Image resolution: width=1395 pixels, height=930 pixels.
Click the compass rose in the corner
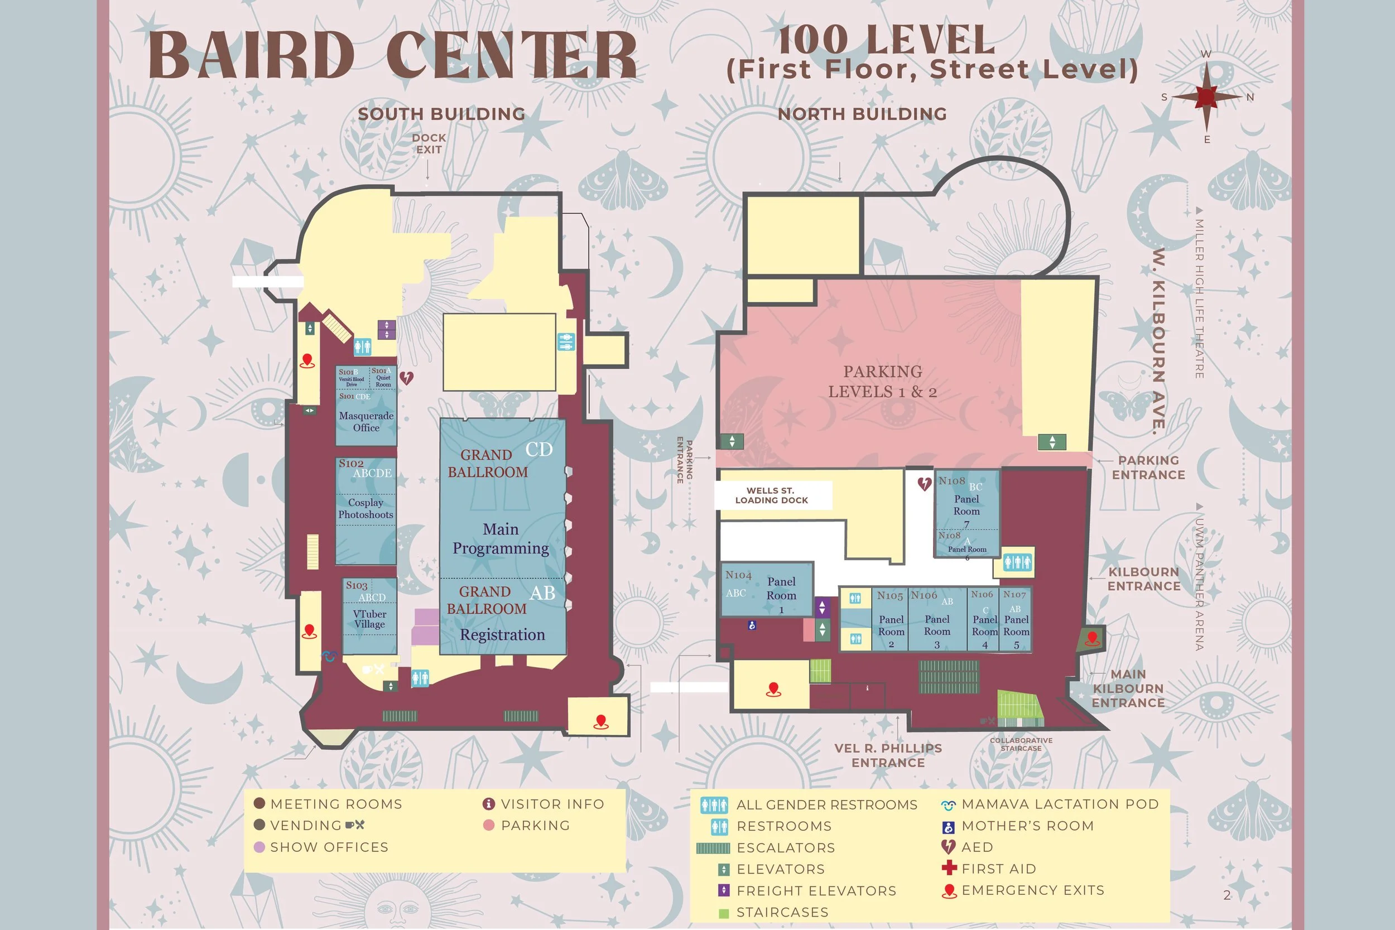coord(1206,97)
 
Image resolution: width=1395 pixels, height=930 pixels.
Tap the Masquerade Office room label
coord(366,422)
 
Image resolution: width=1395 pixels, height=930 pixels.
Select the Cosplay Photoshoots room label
coord(365,509)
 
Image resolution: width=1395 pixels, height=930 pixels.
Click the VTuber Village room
coord(369,619)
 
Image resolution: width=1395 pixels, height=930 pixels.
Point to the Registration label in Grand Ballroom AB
coord(502,635)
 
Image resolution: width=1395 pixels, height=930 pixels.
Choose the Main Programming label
coord(501,538)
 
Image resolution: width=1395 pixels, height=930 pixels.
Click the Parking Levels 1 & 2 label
coord(883,382)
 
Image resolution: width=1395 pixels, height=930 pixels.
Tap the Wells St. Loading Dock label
coord(771,495)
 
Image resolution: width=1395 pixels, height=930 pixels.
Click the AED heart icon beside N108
coord(924,484)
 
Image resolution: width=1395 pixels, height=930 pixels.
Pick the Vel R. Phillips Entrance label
coord(888,755)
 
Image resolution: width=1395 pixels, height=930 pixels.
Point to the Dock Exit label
coord(429,143)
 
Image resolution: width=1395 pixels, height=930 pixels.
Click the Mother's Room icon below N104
coord(752,625)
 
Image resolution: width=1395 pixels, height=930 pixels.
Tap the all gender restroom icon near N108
coord(1017,562)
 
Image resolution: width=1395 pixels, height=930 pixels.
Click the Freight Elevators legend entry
coord(816,890)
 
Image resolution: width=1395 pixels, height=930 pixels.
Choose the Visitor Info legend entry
coord(552,804)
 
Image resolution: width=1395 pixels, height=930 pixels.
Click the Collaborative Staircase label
coord(1021,744)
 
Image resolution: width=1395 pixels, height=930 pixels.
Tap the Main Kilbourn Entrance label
coord(1128,688)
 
